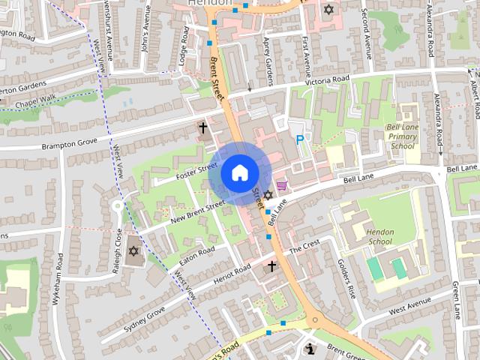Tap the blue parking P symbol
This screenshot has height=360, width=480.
pyautogui.click(x=300, y=139)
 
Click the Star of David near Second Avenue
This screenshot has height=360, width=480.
pyautogui.click(x=328, y=10)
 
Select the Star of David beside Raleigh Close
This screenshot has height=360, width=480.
pyautogui.click(x=134, y=250)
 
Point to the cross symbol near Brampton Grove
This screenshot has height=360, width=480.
pyautogui.click(x=202, y=128)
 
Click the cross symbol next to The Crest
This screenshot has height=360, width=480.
pyautogui.click(x=271, y=266)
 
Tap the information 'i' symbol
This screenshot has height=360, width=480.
pyautogui.click(x=311, y=349)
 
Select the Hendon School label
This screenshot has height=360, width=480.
pyautogui.click(x=380, y=237)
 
